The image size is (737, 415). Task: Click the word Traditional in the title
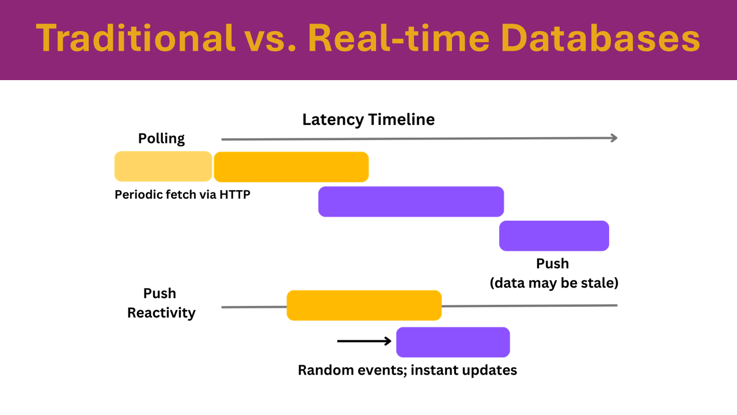pyautogui.click(x=135, y=38)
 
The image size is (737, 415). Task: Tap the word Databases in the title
pyautogui.click(x=600, y=38)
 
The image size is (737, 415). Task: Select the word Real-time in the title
pyautogui.click(x=398, y=38)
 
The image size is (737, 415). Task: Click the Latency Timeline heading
pyautogui.click(x=368, y=119)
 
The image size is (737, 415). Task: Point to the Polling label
pyautogui.click(x=161, y=139)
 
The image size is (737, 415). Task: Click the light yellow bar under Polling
pyautogui.click(x=163, y=167)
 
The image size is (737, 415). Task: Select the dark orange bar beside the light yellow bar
pyautogui.click(x=291, y=167)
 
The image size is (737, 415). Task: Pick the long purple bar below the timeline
pyautogui.click(x=411, y=202)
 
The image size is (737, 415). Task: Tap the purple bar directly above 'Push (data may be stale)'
pyautogui.click(x=554, y=236)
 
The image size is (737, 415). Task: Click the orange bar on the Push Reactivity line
pyautogui.click(x=364, y=305)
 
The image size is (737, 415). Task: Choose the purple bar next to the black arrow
pyautogui.click(x=453, y=342)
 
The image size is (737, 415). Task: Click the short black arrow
pyautogui.click(x=364, y=341)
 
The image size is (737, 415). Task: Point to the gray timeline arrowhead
pyautogui.click(x=614, y=138)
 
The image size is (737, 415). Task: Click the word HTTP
pyautogui.click(x=235, y=195)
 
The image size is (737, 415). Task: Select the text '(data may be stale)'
pyautogui.click(x=554, y=283)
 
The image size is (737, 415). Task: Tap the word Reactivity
pyautogui.click(x=161, y=313)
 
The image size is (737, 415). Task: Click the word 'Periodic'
pyautogui.click(x=138, y=195)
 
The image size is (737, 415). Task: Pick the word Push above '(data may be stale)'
pyautogui.click(x=552, y=263)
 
